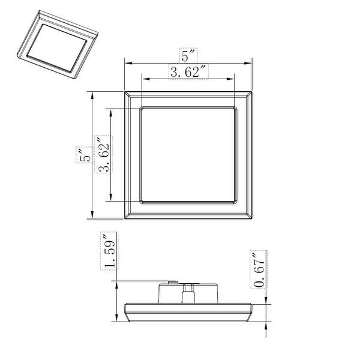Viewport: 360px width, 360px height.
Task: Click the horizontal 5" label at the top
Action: tap(188, 57)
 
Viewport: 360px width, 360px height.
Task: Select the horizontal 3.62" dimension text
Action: tap(188, 73)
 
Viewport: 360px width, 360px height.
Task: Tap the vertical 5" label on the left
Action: tap(85, 155)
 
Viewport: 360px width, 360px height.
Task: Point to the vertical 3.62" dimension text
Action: tap(104, 155)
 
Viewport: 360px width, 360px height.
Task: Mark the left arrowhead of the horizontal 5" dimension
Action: tap(127, 64)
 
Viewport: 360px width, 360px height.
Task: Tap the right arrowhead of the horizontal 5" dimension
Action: tap(250, 64)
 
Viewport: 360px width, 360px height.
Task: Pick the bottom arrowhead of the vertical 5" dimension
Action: tap(92, 217)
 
